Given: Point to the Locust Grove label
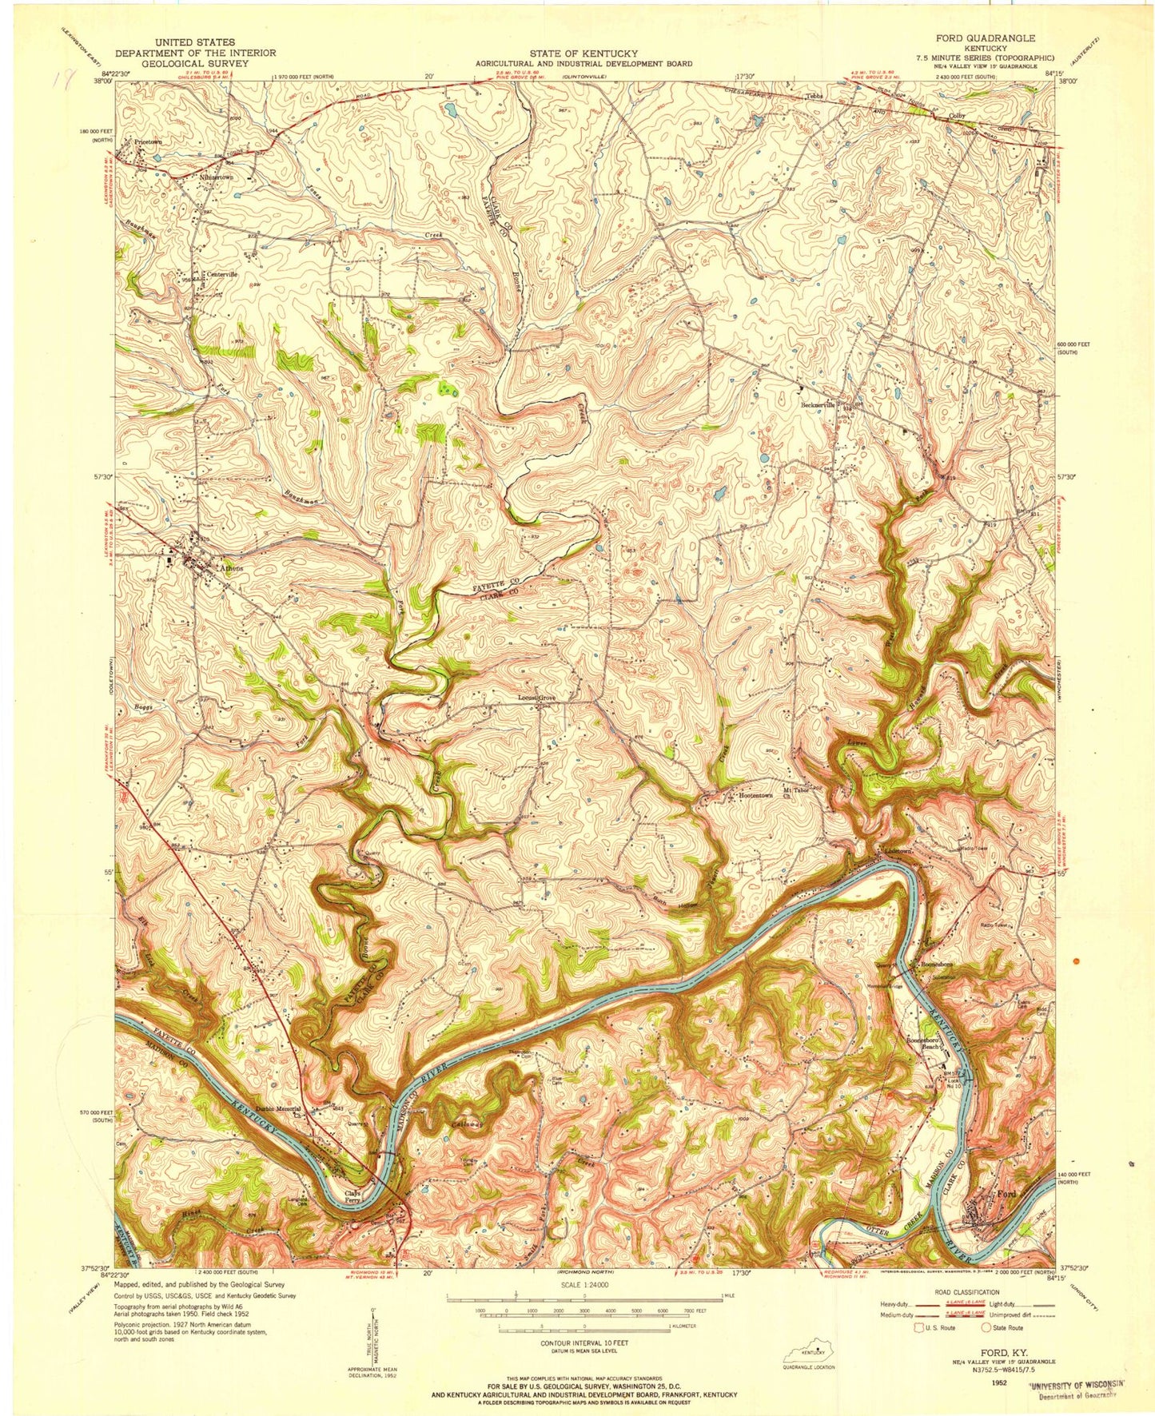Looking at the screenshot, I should (x=536, y=698).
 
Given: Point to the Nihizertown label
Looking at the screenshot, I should (x=224, y=177).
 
